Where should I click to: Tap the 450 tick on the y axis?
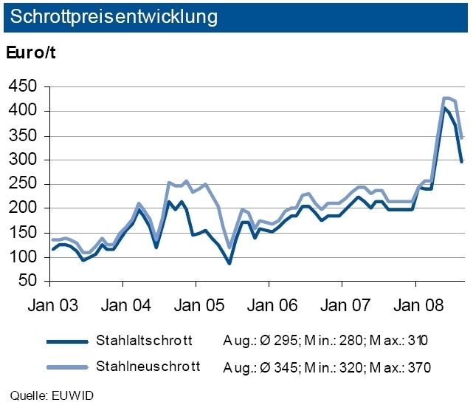22,87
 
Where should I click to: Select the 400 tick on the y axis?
22,112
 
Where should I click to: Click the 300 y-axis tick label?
22,160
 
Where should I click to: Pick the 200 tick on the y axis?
22,209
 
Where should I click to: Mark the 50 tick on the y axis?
27,282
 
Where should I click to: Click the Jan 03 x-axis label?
49,305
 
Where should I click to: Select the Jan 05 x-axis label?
196,305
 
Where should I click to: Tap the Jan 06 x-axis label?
269,305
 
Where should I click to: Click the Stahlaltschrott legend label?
145,341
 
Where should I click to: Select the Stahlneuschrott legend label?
148,366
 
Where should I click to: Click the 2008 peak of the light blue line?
446,98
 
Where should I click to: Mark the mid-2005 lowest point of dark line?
229,263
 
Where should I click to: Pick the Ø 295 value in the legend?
267,341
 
